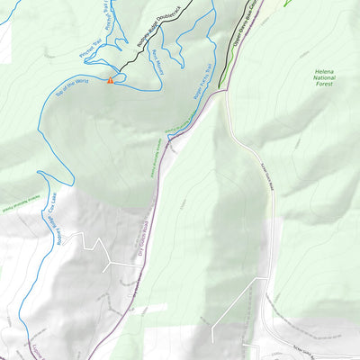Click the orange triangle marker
(x=110, y=81)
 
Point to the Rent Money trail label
(x=156, y=67)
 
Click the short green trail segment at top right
(x=288, y=3)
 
